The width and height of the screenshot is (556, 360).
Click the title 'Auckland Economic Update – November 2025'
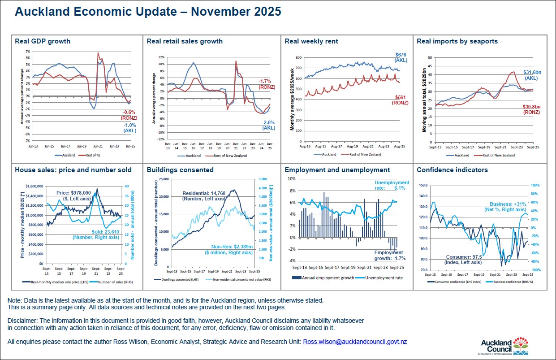(x=148, y=12)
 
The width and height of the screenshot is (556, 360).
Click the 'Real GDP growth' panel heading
(x=43, y=41)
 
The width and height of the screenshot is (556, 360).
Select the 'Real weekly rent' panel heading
(x=311, y=41)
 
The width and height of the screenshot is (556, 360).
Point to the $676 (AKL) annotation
(x=401, y=57)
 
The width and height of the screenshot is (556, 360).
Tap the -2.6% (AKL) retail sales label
(x=269, y=125)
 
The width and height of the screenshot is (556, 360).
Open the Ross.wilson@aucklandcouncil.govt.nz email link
(x=355, y=342)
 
